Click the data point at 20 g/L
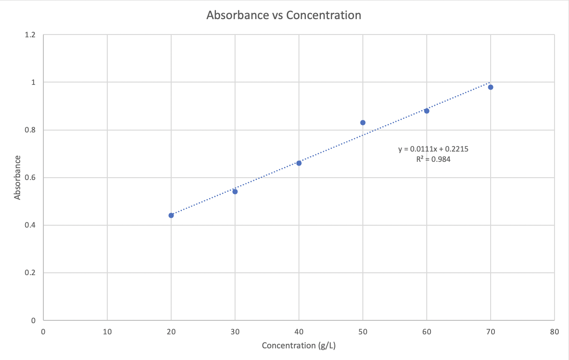click(x=171, y=215)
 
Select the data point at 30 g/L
click(x=235, y=192)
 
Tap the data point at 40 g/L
click(x=299, y=163)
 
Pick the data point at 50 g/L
click(x=363, y=123)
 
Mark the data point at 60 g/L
click(x=427, y=111)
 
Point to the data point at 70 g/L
click(x=491, y=87)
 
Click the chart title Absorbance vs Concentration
click(x=284, y=15)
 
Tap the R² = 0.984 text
click(x=434, y=159)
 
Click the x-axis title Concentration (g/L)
click(x=298, y=346)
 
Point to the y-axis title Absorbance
click(x=18, y=178)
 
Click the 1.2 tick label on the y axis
click(x=30, y=35)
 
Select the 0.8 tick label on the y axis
click(x=30, y=130)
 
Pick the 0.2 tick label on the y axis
click(x=30, y=273)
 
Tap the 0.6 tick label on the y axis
click(x=30, y=178)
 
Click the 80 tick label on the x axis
click(x=554, y=332)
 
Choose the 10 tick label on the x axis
click(x=107, y=332)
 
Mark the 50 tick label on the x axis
click(x=363, y=332)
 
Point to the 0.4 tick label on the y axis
click(x=30, y=225)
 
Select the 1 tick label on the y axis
click(x=33, y=83)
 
